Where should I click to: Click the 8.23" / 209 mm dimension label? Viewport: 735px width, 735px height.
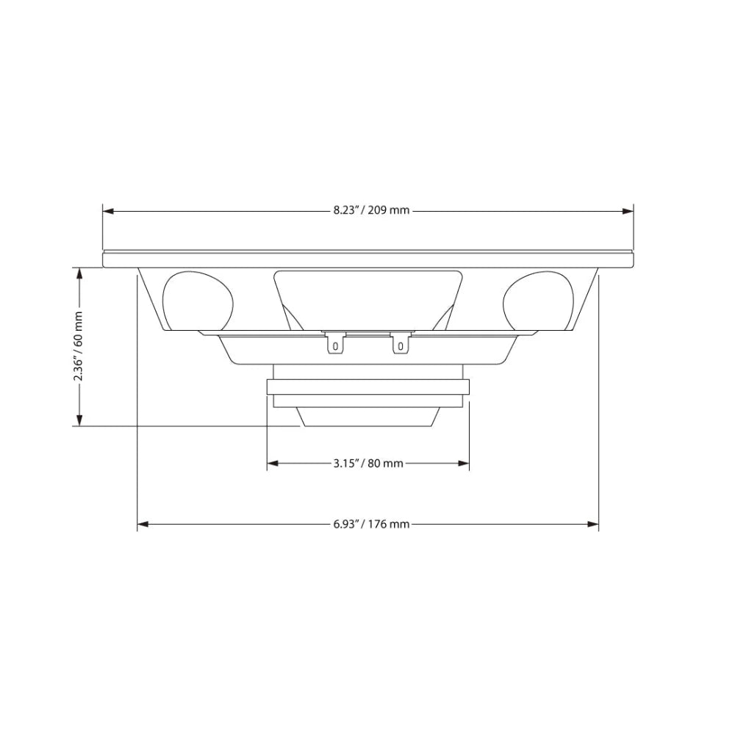pyautogui.click(x=370, y=210)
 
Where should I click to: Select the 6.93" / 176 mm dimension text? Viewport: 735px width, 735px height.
pyautogui.click(x=370, y=524)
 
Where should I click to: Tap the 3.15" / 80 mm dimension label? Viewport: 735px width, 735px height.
pyautogui.click(x=368, y=463)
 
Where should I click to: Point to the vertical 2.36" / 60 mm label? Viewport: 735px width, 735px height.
pyautogui.click(x=78, y=347)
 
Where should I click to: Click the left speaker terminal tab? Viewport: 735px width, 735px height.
pyautogui.click(x=334, y=343)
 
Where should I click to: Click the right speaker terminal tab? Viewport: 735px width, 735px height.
pyautogui.click(x=400, y=343)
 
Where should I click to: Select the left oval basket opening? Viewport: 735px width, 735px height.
pyautogui.click(x=196, y=300)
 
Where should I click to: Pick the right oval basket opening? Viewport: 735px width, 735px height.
pyautogui.click(x=538, y=300)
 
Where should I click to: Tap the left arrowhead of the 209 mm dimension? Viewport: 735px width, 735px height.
pyautogui.click(x=108, y=210)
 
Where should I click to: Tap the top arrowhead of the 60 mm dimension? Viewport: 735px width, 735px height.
pyautogui.click(x=78, y=273)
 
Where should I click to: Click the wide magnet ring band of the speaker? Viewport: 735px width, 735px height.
pyautogui.click(x=368, y=387)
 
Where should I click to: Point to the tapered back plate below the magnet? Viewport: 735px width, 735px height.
pyautogui.click(x=368, y=417)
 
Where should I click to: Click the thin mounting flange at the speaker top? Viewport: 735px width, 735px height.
pyautogui.click(x=368, y=259)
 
